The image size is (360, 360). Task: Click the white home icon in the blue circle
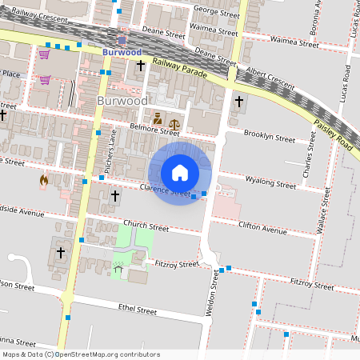click(x=180, y=173)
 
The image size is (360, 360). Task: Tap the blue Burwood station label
click(x=122, y=52)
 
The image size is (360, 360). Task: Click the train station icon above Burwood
click(x=122, y=38)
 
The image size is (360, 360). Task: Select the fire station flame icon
click(x=43, y=181)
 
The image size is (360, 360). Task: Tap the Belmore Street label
click(x=154, y=128)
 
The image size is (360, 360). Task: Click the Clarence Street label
click(x=164, y=190)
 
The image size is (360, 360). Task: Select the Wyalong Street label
click(x=270, y=182)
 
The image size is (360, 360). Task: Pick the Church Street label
click(x=146, y=226)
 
